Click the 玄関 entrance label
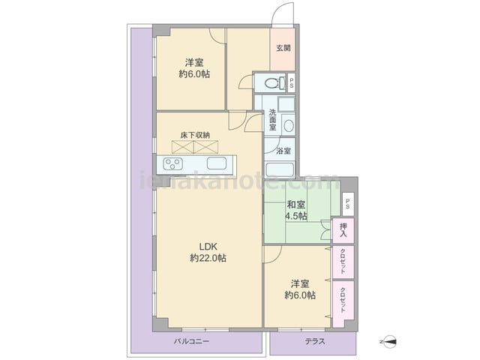tap(283, 48)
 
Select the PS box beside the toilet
tap(291, 82)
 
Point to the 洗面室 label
tap(272, 120)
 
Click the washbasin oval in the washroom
tap(289, 125)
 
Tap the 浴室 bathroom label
tap(283, 151)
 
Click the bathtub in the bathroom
tap(280, 169)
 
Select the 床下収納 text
tap(195, 135)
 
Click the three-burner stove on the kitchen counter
tap(173, 163)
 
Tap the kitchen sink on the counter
tap(217, 163)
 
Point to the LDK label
tap(208, 247)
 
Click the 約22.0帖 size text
tap(208, 258)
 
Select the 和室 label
tap(295, 204)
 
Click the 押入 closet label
tap(343, 230)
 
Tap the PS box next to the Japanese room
tap(348, 203)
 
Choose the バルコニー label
tap(192, 341)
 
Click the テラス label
tap(315, 341)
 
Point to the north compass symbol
tap(388, 341)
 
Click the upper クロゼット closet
tap(343, 262)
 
